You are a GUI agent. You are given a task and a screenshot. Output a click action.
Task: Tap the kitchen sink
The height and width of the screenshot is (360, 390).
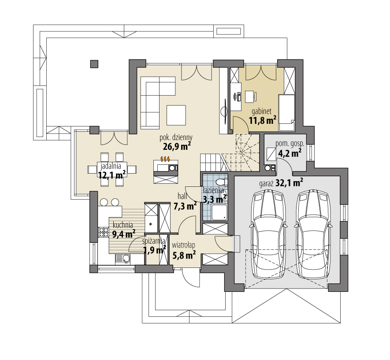click(x=124, y=259)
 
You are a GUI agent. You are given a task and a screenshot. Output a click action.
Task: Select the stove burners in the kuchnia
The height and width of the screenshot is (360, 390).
click(x=103, y=232)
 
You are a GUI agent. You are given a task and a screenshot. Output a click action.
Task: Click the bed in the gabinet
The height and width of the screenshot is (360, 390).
click(x=287, y=112)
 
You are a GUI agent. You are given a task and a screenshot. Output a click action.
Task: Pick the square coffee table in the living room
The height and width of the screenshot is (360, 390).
click(x=176, y=115)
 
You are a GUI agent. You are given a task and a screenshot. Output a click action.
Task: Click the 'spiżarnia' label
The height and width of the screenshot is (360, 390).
click(x=153, y=241)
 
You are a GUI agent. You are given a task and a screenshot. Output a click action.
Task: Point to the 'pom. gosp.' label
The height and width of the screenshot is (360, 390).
click(x=288, y=144)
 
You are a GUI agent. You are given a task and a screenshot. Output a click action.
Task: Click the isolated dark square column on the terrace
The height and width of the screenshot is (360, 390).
click(x=94, y=64)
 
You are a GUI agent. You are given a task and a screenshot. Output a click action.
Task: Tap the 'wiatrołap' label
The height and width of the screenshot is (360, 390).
click(x=184, y=245)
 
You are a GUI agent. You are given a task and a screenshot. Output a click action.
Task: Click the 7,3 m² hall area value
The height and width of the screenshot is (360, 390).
click(x=185, y=205)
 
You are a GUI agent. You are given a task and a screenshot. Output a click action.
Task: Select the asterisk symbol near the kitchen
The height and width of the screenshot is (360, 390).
click(x=151, y=224)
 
